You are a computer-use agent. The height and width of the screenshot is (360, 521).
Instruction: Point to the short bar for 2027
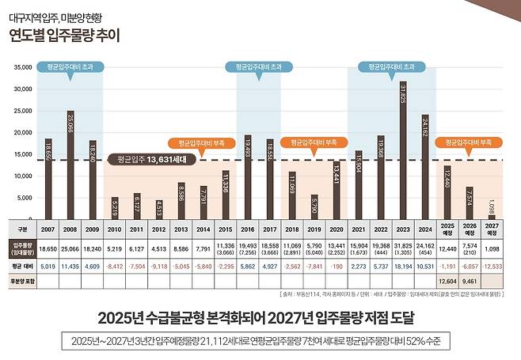pos(491,214)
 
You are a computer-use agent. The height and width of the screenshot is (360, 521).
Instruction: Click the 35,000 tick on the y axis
pos(21,68)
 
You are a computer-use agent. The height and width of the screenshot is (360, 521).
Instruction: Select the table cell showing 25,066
pos(70,248)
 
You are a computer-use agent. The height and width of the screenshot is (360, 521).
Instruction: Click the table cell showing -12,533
pos(492,267)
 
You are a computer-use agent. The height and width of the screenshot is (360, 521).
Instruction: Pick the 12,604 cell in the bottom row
pos(447,280)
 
